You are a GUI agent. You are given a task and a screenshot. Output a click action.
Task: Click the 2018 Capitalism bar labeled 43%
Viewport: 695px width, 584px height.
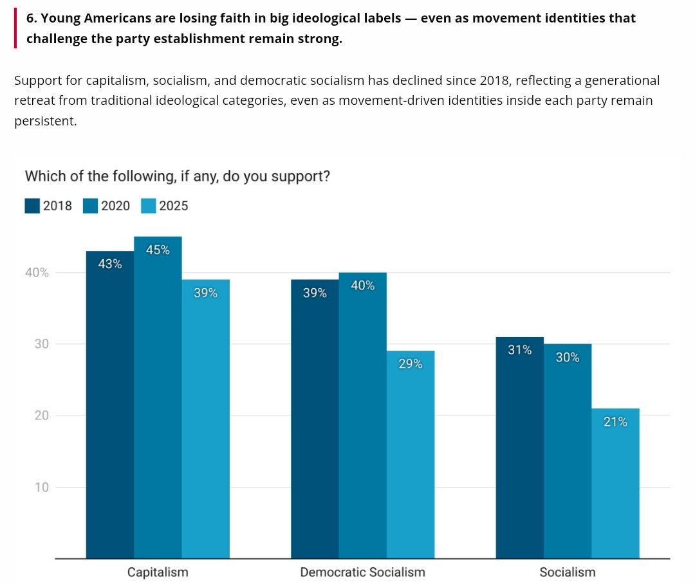110,405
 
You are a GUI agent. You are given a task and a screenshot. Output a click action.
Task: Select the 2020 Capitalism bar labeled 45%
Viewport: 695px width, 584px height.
158,399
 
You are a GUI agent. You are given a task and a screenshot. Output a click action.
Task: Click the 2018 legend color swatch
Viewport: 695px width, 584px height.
32,206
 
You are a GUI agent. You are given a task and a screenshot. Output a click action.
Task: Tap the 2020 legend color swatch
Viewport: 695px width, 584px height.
90,206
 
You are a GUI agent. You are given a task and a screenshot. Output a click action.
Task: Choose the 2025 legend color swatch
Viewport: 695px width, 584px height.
148,206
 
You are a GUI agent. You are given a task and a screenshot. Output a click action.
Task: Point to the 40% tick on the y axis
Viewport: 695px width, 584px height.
37,273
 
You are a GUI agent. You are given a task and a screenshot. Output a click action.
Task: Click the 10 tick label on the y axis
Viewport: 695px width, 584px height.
42,487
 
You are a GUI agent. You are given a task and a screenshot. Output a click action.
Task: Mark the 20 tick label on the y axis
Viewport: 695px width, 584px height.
42,415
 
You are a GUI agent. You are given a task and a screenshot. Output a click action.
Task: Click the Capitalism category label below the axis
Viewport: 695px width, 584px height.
158,572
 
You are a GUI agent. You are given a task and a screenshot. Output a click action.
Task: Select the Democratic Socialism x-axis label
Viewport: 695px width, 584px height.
362,572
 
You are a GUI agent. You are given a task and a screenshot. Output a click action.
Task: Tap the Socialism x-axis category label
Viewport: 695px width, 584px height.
567,572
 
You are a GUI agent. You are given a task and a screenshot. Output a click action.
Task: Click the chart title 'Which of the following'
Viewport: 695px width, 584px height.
177,176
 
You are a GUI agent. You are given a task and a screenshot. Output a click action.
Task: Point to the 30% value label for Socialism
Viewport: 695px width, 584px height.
567,358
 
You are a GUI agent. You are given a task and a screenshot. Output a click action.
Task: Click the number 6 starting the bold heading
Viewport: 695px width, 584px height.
30,18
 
